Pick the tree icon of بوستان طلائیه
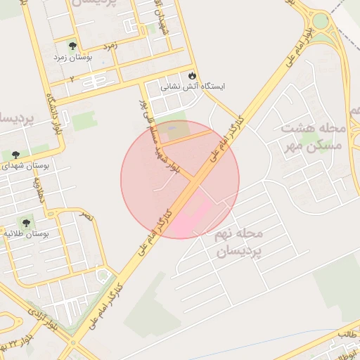[28, 223]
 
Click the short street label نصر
[86, 217]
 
